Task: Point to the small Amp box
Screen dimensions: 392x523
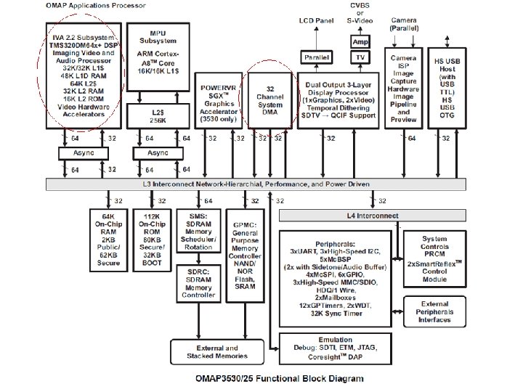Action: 360,42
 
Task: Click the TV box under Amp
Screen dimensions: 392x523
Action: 360,57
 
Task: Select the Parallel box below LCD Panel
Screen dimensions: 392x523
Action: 316,57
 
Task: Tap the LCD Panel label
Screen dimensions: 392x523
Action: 317,22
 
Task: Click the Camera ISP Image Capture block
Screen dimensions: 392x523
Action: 405,89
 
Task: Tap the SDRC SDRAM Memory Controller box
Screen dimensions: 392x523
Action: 198,283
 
